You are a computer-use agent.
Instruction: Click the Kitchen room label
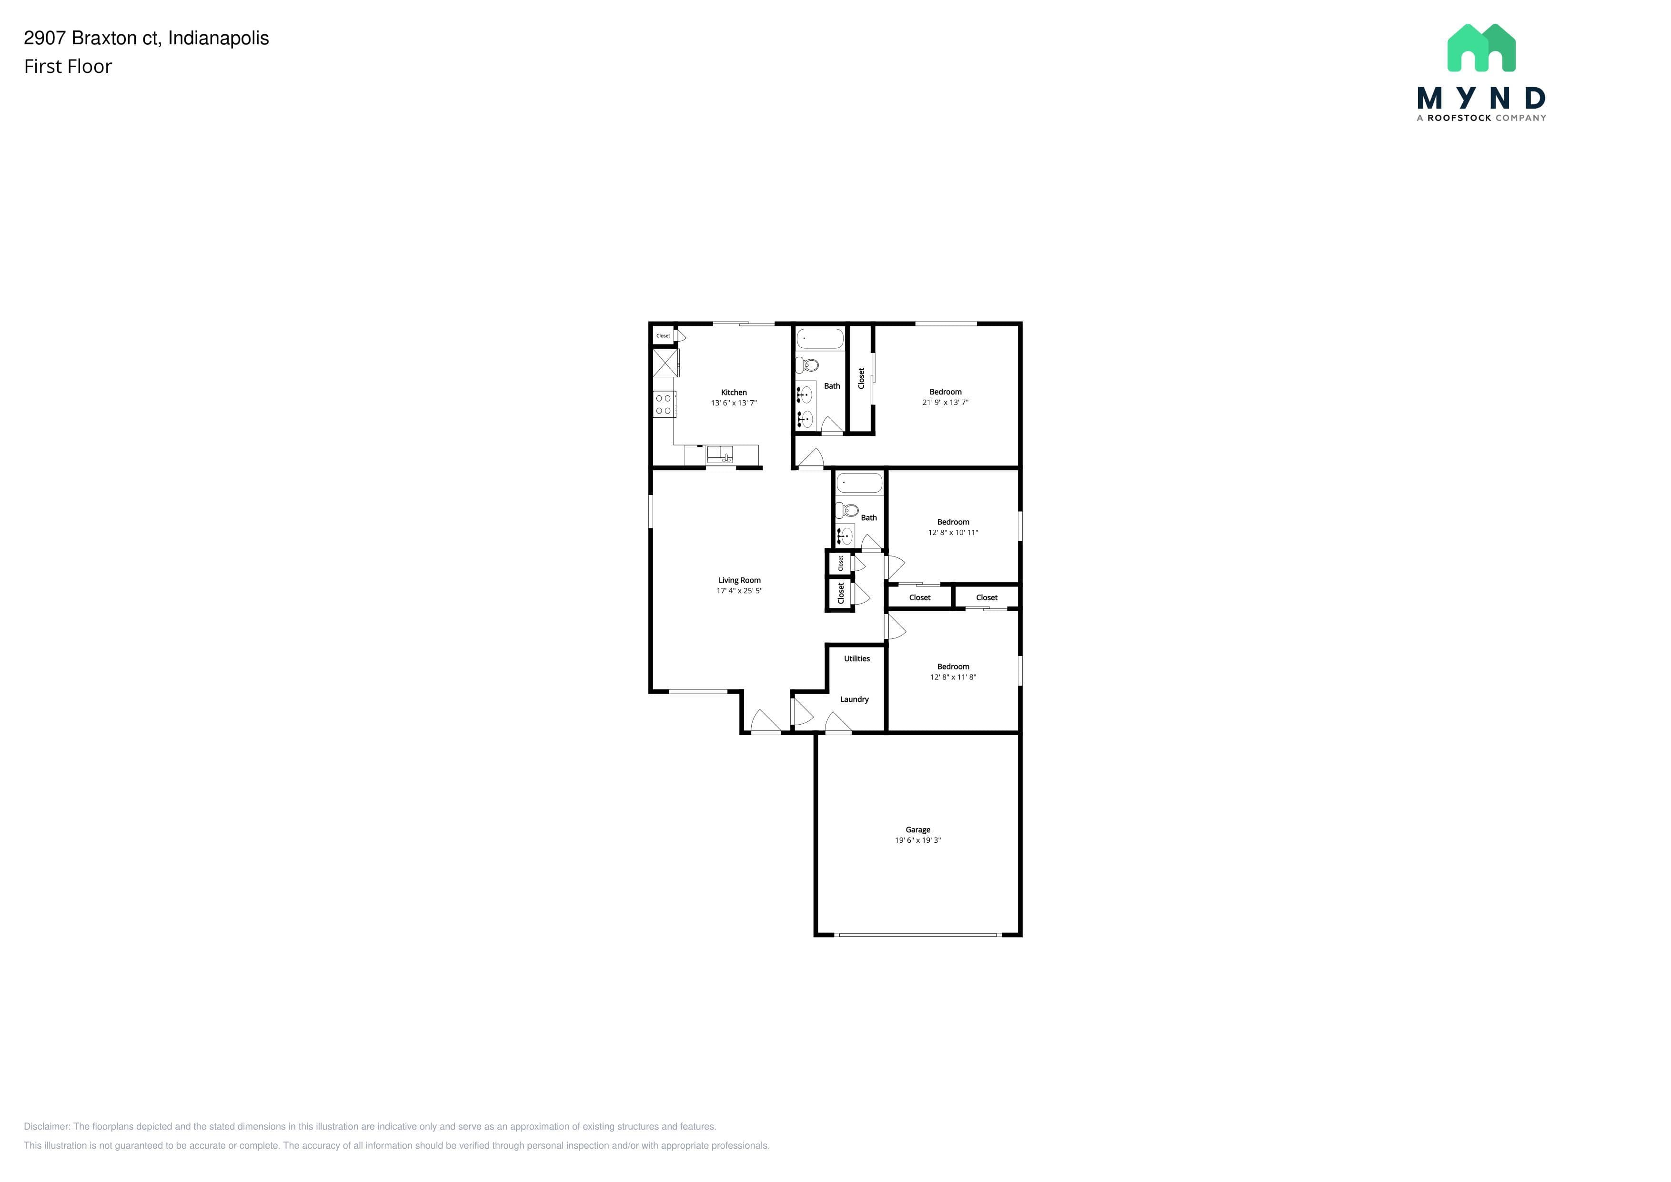click(x=734, y=392)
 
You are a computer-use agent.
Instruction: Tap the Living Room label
click(x=739, y=580)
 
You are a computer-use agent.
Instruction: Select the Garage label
click(x=918, y=830)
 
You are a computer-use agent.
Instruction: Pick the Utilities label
click(x=856, y=659)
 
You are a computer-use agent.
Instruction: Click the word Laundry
click(x=855, y=699)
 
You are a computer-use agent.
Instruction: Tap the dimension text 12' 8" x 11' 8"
click(x=953, y=677)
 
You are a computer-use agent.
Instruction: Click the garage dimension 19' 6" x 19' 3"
click(x=918, y=840)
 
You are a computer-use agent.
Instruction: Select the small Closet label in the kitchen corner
click(x=663, y=335)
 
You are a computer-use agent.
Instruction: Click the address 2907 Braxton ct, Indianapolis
click(x=146, y=39)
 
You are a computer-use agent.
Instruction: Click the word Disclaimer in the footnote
click(x=47, y=1126)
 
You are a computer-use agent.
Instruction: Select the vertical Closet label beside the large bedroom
click(x=861, y=378)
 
